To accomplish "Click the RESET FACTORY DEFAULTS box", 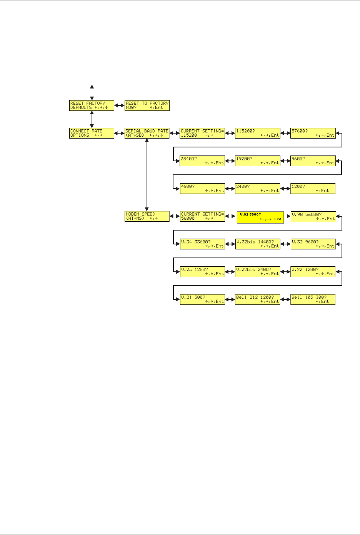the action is [92, 105].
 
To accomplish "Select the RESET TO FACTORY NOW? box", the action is [147, 105].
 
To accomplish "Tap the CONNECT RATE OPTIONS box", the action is [92, 133].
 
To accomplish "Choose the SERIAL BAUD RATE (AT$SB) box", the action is [147, 133].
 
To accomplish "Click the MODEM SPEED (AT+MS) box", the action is [147, 216].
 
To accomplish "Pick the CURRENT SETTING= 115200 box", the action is [202, 133].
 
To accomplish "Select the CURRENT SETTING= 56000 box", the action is [202, 216].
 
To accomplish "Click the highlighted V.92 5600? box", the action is [260, 217].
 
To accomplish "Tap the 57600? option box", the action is [313, 133].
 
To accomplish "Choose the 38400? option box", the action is [202, 161].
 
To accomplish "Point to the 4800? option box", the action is [202, 189].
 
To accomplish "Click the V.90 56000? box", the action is [313, 216].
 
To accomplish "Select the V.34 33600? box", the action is [202, 244].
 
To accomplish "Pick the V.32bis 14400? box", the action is [258, 244].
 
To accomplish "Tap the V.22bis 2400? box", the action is [258, 272].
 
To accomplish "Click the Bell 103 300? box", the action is [313, 299].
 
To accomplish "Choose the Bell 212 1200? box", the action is [258, 299].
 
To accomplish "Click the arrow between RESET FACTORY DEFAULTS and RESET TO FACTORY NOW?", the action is [119, 105].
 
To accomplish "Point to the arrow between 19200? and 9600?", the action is [285, 161].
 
